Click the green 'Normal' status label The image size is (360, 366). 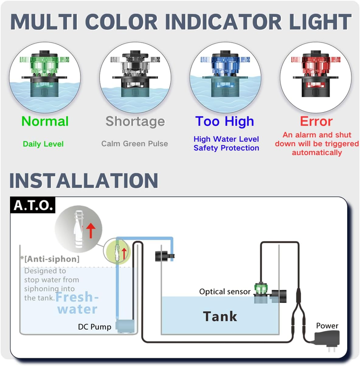click(x=45, y=121)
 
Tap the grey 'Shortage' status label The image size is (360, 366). click(x=135, y=122)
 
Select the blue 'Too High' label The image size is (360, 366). click(x=225, y=121)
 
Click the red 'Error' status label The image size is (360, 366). click(x=316, y=121)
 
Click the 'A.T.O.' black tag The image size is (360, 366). click(x=33, y=205)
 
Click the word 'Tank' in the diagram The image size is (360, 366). click(x=220, y=317)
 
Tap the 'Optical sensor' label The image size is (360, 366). click(x=225, y=291)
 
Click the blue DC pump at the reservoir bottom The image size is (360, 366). click(x=125, y=326)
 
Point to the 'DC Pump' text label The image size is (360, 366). click(x=95, y=327)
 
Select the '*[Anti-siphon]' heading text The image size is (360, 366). click(x=50, y=259)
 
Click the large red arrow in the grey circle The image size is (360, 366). click(x=91, y=231)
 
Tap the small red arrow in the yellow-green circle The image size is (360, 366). click(x=124, y=254)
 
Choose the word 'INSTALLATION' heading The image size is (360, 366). click(x=84, y=180)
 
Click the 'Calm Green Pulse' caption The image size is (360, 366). click(x=134, y=144)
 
